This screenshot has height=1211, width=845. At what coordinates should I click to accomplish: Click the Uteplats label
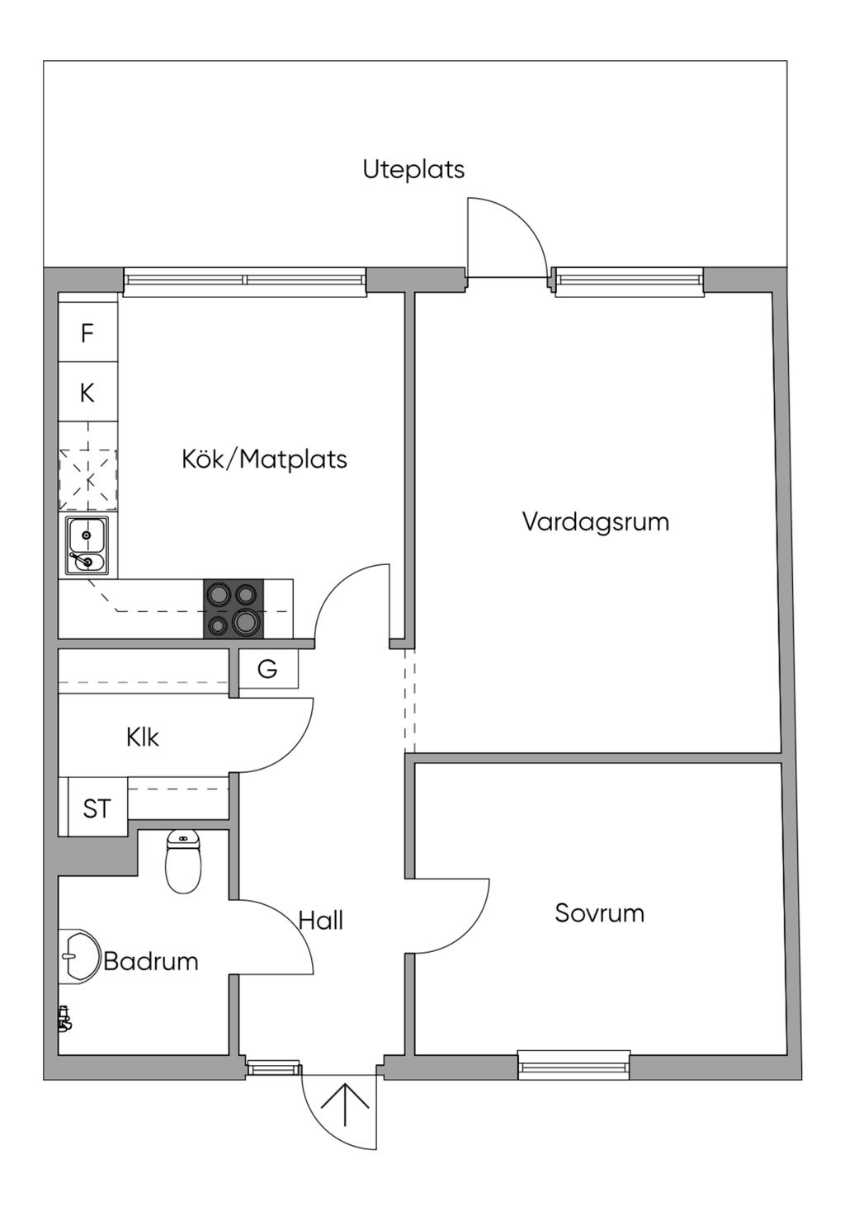pyautogui.click(x=413, y=169)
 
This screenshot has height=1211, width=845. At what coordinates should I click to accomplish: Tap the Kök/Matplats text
pyautogui.click(x=264, y=459)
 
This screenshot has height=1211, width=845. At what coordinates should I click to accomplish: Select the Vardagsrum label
pyautogui.click(x=595, y=521)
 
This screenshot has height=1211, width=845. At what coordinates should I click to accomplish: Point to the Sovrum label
pyautogui.click(x=599, y=913)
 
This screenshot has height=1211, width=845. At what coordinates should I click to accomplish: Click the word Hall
pyautogui.click(x=320, y=921)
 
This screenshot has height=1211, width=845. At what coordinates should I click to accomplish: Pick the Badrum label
pyautogui.click(x=151, y=961)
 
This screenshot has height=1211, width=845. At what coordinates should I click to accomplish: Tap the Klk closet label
pyautogui.click(x=143, y=737)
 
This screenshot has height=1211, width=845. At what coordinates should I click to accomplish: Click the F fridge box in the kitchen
pyautogui.click(x=87, y=333)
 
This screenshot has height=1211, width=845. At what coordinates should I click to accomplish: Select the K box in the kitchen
pyautogui.click(x=87, y=393)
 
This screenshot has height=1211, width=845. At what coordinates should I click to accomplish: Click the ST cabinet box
pyautogui.click(x=97, y=808)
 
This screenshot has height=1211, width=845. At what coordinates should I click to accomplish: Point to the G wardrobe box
pyautogui.click(x=267, y=669)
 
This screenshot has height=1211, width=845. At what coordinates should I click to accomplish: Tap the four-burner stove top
pyautogui.click(x=234, y=609)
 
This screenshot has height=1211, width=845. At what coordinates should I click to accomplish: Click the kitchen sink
pyautogui.click(x=87, y=545)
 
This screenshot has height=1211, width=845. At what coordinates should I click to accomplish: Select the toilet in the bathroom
pyautogui.click(x=183, y=862)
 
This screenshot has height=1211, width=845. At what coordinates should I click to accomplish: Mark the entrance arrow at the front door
pyautogui.click(x=344, y=1105)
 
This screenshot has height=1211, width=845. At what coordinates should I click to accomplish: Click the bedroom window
pyautogui.click(x=574, y=1066)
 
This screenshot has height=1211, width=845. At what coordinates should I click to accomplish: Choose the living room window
pyautogui.click(x=630, y=280)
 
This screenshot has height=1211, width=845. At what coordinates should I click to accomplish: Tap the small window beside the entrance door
pyautogui.click(x=274, y=1068)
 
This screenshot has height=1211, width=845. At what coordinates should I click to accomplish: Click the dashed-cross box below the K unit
pyautogui.click(x=87, y=480)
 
